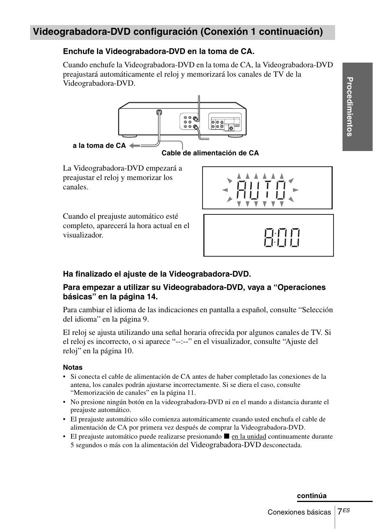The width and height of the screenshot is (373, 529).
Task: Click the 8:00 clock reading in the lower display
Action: pos(282,238)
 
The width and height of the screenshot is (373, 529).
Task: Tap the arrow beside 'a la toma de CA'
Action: pos(134,146)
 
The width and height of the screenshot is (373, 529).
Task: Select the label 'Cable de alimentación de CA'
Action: pos(210,153)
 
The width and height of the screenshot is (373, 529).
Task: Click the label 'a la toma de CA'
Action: pos(99,146)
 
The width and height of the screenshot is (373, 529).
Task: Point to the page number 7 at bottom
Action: pos(340,511)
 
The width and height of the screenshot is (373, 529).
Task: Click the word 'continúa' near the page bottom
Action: pos(312,496)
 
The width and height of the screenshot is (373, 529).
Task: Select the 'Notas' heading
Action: pos(73,367)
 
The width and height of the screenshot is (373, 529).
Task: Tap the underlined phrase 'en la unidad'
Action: pos(249,436)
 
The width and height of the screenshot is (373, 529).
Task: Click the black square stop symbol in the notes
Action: pos(226,436)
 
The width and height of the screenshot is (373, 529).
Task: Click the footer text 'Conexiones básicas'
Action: pos(299,512)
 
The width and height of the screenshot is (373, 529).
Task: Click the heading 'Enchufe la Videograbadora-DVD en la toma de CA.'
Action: pos(159,52)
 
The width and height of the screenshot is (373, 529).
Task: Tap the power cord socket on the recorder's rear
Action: pos(159,113)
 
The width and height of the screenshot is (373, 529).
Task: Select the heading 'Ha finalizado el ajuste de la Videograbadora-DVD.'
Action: pos(157,273)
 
